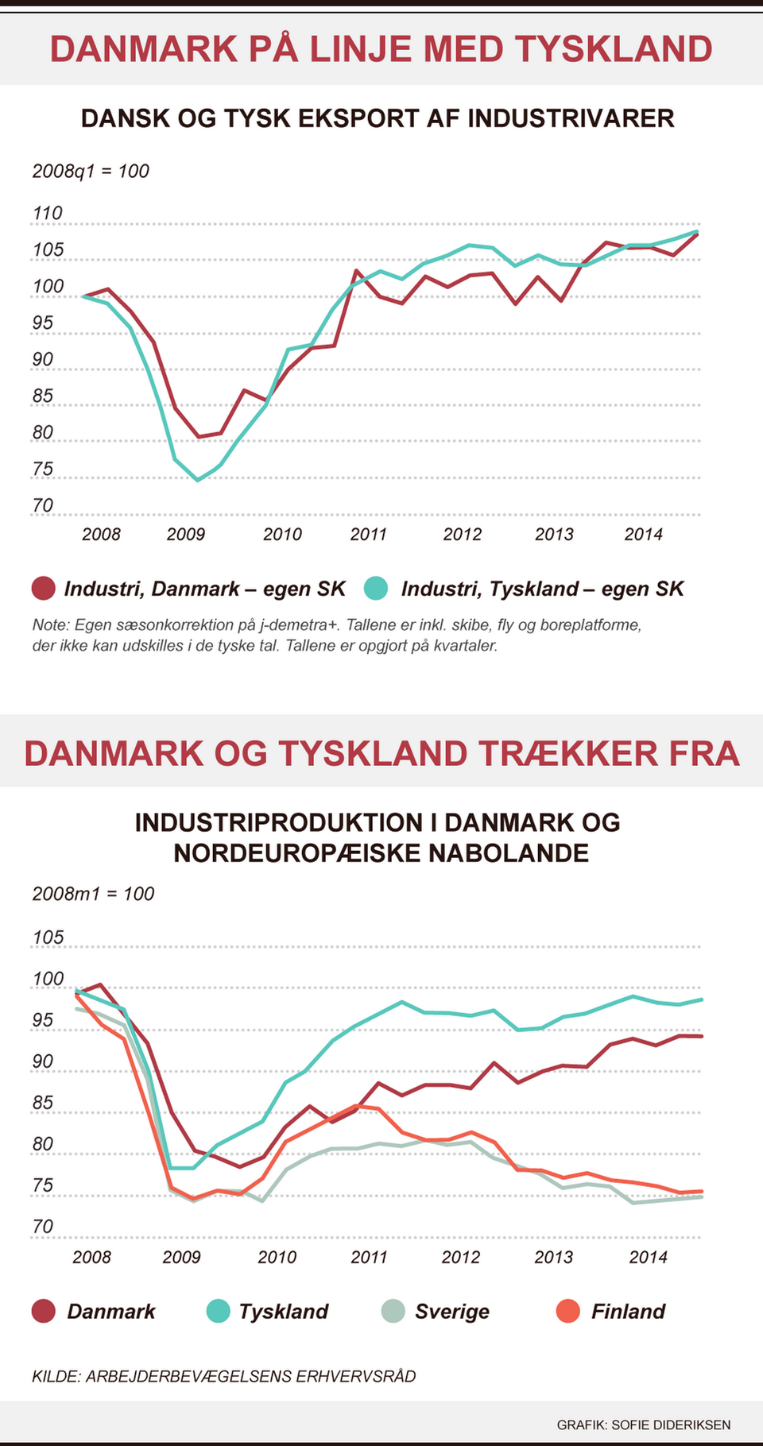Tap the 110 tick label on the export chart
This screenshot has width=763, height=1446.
click(x=47, y=213)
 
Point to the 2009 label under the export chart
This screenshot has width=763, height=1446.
click(x=185, y=534)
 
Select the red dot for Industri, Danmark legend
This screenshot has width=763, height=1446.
click(x=44, y=589)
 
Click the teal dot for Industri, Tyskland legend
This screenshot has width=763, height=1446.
click(x=376, y=589)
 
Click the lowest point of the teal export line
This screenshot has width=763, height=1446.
click(x=198, y=480)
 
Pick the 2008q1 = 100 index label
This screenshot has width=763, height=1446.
click(x=91, y=171)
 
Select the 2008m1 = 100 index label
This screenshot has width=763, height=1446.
click(x=93, y=894)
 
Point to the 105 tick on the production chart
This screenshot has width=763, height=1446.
click(x=48, y=938)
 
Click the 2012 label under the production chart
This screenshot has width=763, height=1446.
click(x=461, y=1257)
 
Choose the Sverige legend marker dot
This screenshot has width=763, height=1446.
click(x=393, y=1311)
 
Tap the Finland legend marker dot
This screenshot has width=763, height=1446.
click(x=568, y=1311)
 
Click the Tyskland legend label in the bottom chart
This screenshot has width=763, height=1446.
click(x=284, y=1311)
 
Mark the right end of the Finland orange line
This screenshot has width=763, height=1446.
click(x=702, y=1192)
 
